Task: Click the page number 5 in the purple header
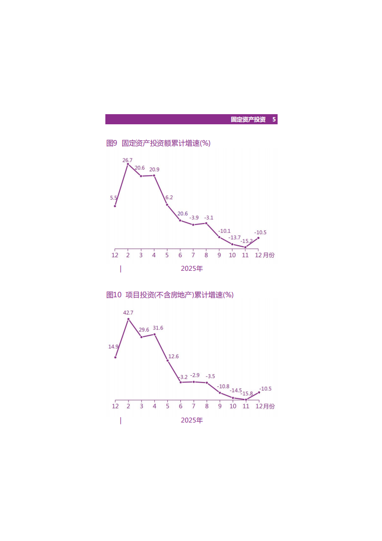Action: [x=274, y=119]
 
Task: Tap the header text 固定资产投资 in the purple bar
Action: [x=248, y=119]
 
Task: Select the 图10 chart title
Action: [x=170, y=295]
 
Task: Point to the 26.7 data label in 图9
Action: [x=127, y=160]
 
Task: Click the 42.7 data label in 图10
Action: [x=128, y=313]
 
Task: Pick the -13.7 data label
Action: [x=234, y=238]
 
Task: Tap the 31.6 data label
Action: [x=158, y=328]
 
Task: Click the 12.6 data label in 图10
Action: [x=173, y=356]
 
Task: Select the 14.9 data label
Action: [x=113, y=346]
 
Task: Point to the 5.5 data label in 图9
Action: [x=114, y=198]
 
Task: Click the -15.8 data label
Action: [x=246, y=394]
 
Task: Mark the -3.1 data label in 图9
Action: [x=209, y=218]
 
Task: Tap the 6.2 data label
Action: [x=169, y=198]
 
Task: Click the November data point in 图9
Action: [x=245, y=247]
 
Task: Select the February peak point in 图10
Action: [x=128, y=319]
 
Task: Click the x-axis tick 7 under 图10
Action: [x=193, y=406]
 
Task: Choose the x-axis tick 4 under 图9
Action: [x=154, y=255]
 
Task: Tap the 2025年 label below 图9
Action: [x=191, y=269]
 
